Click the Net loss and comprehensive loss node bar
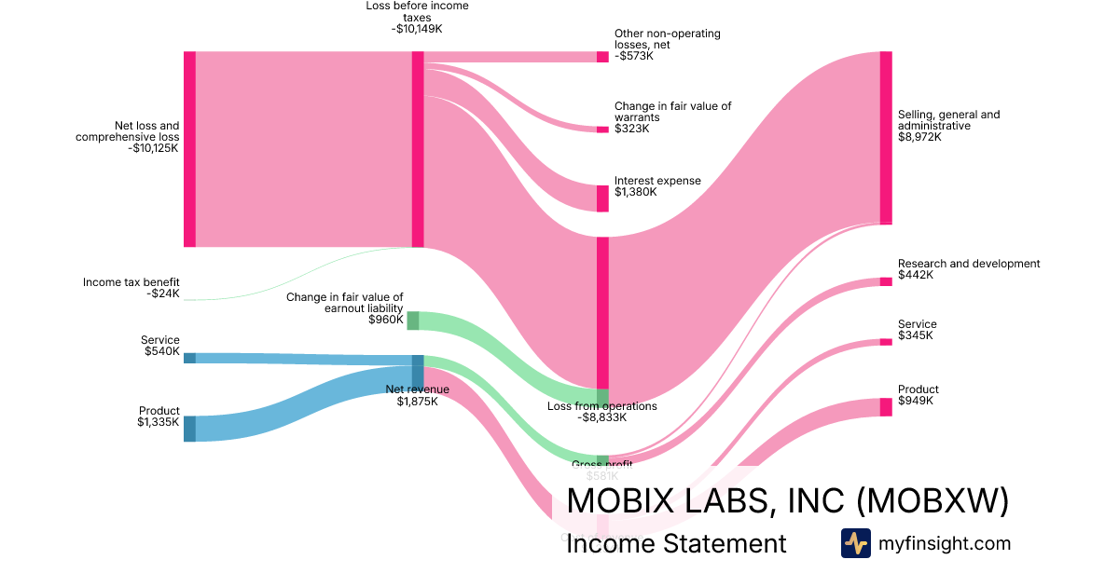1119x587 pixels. coord(189,149)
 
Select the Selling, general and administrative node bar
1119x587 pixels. coord(886,138)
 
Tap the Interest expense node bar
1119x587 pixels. coord(602,198)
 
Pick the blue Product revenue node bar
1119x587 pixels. coord(189,429)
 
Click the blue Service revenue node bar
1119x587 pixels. coord(189,358)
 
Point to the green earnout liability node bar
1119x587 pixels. coord(412,321)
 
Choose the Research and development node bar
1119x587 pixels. coord(886,281)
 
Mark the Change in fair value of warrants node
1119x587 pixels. coord(602,129)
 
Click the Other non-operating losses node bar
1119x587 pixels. coord(602,57)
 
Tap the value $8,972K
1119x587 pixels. coord(919,137)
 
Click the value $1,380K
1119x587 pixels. coord(635,192)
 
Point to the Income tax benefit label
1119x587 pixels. coord(131,282)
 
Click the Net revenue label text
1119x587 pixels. coord(417,389)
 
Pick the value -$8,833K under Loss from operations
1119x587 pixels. coord(601,418)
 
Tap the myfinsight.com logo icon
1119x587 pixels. coord(855,543)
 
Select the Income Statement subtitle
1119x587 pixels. coord(676,544)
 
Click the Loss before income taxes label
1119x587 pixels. coord(417,11)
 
